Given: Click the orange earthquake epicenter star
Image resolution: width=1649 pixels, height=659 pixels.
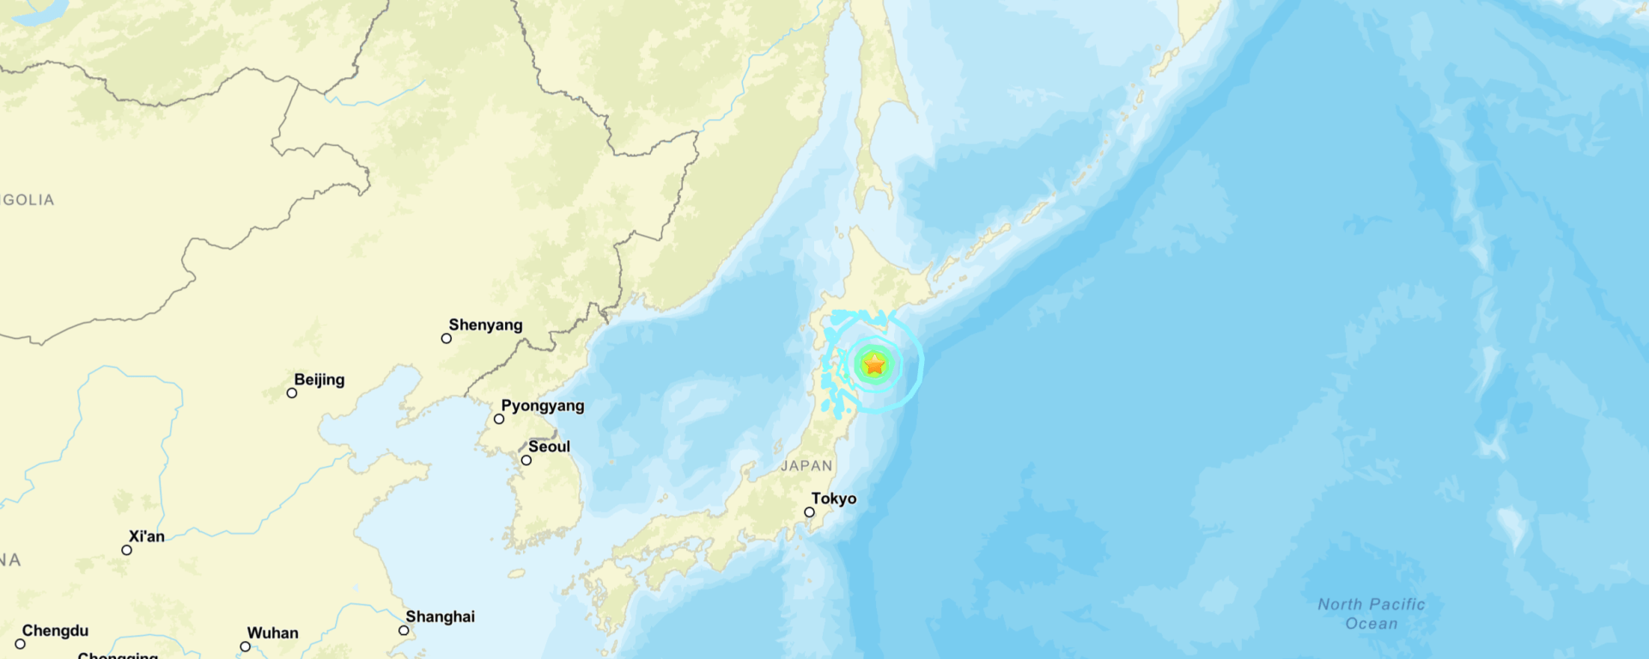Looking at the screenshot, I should [x=874, y=365].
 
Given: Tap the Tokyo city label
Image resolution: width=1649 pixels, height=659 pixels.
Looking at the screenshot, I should [x=833, y=499].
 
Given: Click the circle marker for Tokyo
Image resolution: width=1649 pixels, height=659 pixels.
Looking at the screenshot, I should [x=809, y=512].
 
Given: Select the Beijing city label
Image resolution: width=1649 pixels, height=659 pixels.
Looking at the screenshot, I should [x=319, y=379].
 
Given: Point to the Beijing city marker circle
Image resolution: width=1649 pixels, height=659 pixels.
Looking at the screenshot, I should [x=292, y=393].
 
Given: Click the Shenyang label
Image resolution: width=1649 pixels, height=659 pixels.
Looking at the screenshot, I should [x=485, y=324].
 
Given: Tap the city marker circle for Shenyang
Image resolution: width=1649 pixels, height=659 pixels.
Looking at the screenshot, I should [x=447, y=339].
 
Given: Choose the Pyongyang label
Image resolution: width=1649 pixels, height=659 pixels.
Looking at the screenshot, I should [x=542, y=405].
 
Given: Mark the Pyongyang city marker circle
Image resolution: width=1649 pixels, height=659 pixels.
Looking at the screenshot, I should [x=499, y=420].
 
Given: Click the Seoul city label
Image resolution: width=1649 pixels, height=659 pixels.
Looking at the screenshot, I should [x=549, y=446].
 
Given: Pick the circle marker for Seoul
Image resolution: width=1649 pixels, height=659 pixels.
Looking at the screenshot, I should [x=526, y=461].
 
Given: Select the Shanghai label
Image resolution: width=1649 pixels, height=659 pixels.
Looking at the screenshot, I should [x=440, y=616].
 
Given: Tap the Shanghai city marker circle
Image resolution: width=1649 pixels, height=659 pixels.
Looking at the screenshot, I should [x=404, y=631].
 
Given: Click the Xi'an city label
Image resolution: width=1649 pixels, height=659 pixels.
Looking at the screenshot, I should [x=146, y=536].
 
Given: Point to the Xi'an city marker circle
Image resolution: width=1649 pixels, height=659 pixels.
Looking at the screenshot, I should [x=127, y=550].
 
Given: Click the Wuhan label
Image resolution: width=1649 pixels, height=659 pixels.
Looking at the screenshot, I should [x=272, y=633].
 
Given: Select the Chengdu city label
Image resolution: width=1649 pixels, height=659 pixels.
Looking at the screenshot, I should [x=55, y=631].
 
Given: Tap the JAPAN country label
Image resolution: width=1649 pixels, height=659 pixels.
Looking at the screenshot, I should [x=806, y=466].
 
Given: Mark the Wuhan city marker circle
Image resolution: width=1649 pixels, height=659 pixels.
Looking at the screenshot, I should [x=246, y=647].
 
